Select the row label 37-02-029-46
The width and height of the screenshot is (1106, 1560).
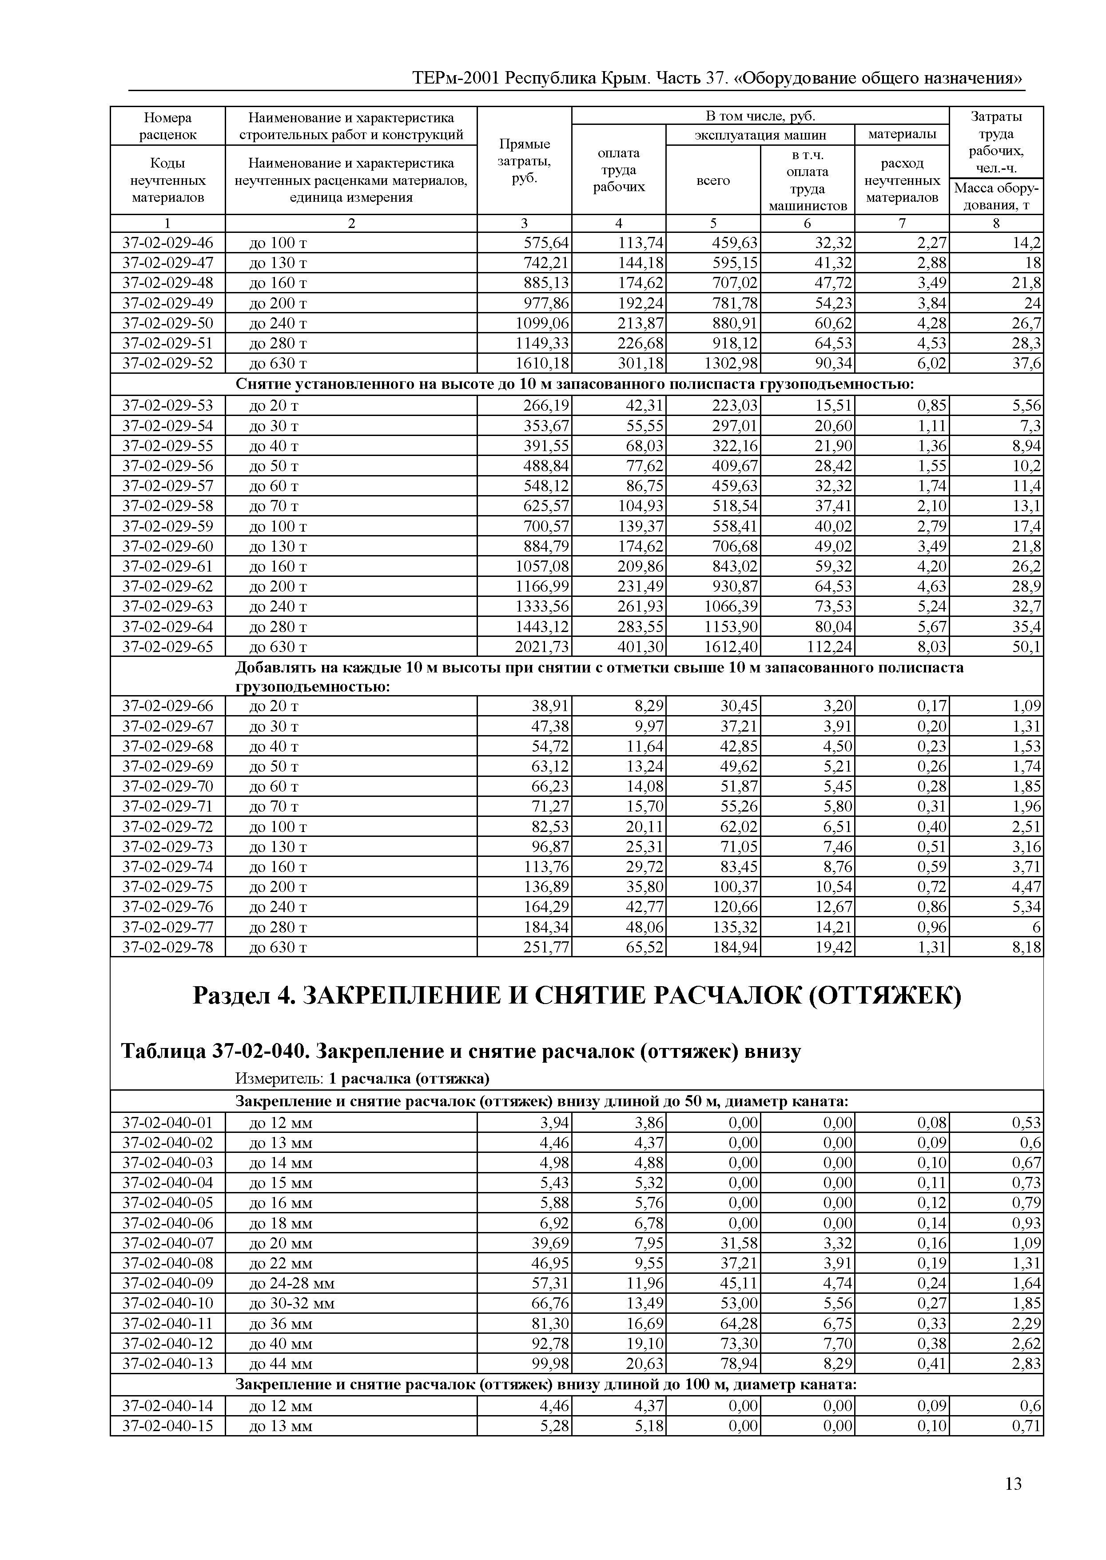167,243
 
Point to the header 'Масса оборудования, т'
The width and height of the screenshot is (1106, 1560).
996,196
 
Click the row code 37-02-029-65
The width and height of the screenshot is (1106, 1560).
167,647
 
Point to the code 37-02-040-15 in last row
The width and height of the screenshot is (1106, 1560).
167,1426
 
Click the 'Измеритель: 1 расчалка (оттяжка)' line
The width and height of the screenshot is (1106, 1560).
362,1078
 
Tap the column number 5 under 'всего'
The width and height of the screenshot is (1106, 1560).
713,224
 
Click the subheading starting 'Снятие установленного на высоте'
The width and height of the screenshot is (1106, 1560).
575,385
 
